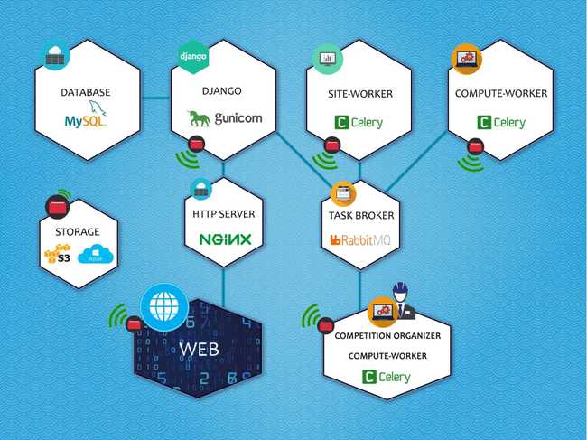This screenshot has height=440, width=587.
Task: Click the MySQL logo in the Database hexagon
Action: click(x=85, y=117)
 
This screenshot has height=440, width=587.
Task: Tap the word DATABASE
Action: click(x=85, y=93)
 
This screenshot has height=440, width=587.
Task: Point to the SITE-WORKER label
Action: click(x=359, y=93)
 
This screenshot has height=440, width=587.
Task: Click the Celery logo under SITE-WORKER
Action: click(x=359, y=122)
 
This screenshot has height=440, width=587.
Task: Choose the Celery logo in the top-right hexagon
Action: click(x=502, y=122)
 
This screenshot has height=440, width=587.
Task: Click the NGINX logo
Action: click(x=223, y=240)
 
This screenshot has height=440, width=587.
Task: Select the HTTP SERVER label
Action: click(x=223, y=214)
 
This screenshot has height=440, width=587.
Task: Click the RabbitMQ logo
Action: click(x=359, y=240)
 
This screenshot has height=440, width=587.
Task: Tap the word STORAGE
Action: click(x=77, y=231)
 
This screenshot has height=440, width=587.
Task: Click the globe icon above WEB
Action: click(x=164, y=308)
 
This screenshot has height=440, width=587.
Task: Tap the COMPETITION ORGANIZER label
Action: click(x=394, y=336)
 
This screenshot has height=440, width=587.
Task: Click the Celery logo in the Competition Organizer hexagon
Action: click(x=394, y=378)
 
